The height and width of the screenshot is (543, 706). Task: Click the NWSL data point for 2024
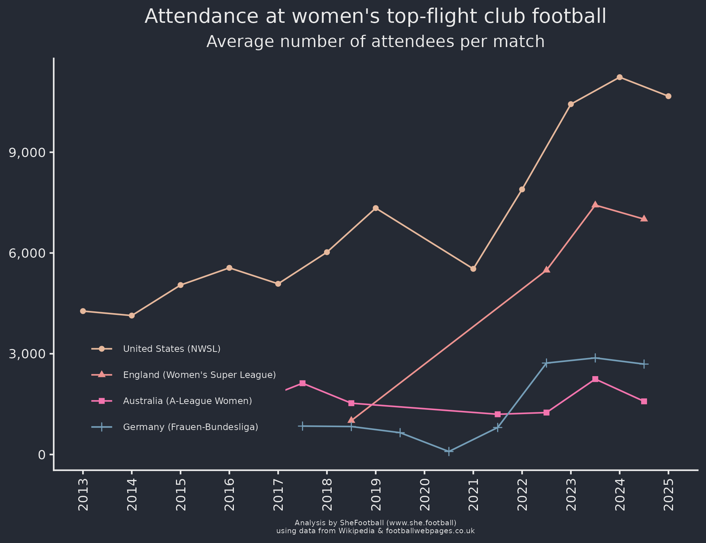619,77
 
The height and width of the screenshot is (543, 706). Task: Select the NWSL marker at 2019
375,208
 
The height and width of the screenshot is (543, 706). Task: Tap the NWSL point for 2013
83,311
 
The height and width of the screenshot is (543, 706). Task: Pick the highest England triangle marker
595,205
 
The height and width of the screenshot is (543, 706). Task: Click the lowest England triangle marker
351,420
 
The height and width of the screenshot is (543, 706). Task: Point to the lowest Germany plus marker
449,451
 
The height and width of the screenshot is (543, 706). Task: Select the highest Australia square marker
595,379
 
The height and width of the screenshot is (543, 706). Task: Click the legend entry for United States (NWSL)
172,349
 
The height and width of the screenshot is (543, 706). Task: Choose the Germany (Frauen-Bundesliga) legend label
190,428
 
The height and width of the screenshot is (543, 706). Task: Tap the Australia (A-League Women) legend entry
187,401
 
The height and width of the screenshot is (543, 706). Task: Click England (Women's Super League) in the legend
199,375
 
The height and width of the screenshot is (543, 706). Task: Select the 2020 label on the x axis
424,494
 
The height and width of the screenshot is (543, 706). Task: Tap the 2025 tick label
668,494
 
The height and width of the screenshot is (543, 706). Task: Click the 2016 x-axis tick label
229,494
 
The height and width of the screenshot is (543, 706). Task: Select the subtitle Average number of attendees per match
375,42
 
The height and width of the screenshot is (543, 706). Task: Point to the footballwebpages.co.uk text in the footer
430,531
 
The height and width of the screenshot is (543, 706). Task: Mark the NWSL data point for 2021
473,269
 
